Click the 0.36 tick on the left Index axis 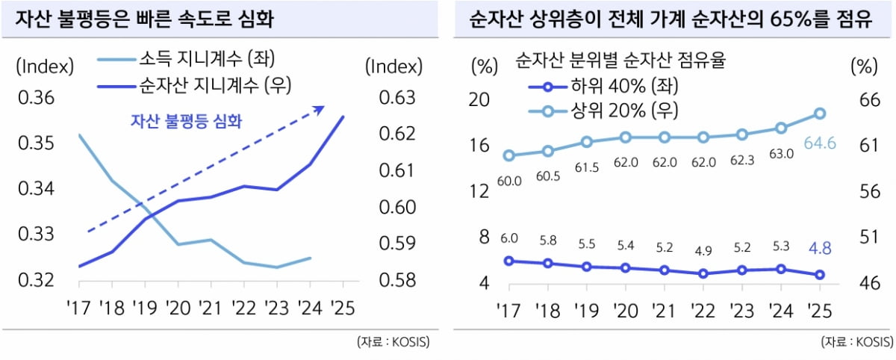coord(35,98)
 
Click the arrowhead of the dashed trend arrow coord(319,109)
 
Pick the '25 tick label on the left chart coord(343,307)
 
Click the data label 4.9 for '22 coord(703,250)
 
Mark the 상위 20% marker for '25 coord(819,114)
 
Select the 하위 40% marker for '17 coord(508,261)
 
